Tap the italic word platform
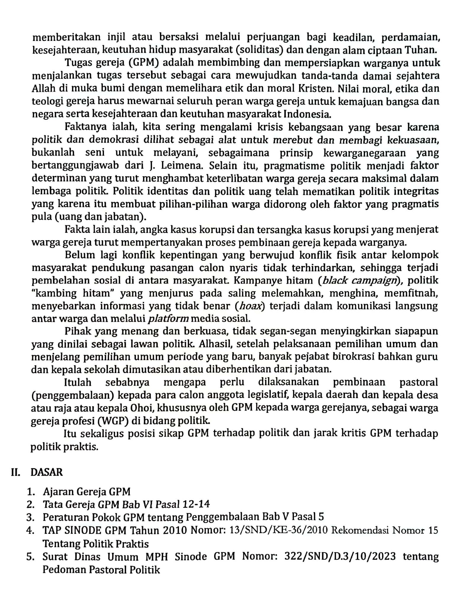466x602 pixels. coord(168,319)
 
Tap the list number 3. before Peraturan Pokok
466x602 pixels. coord(30,517)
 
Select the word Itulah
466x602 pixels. coord(78,382)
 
